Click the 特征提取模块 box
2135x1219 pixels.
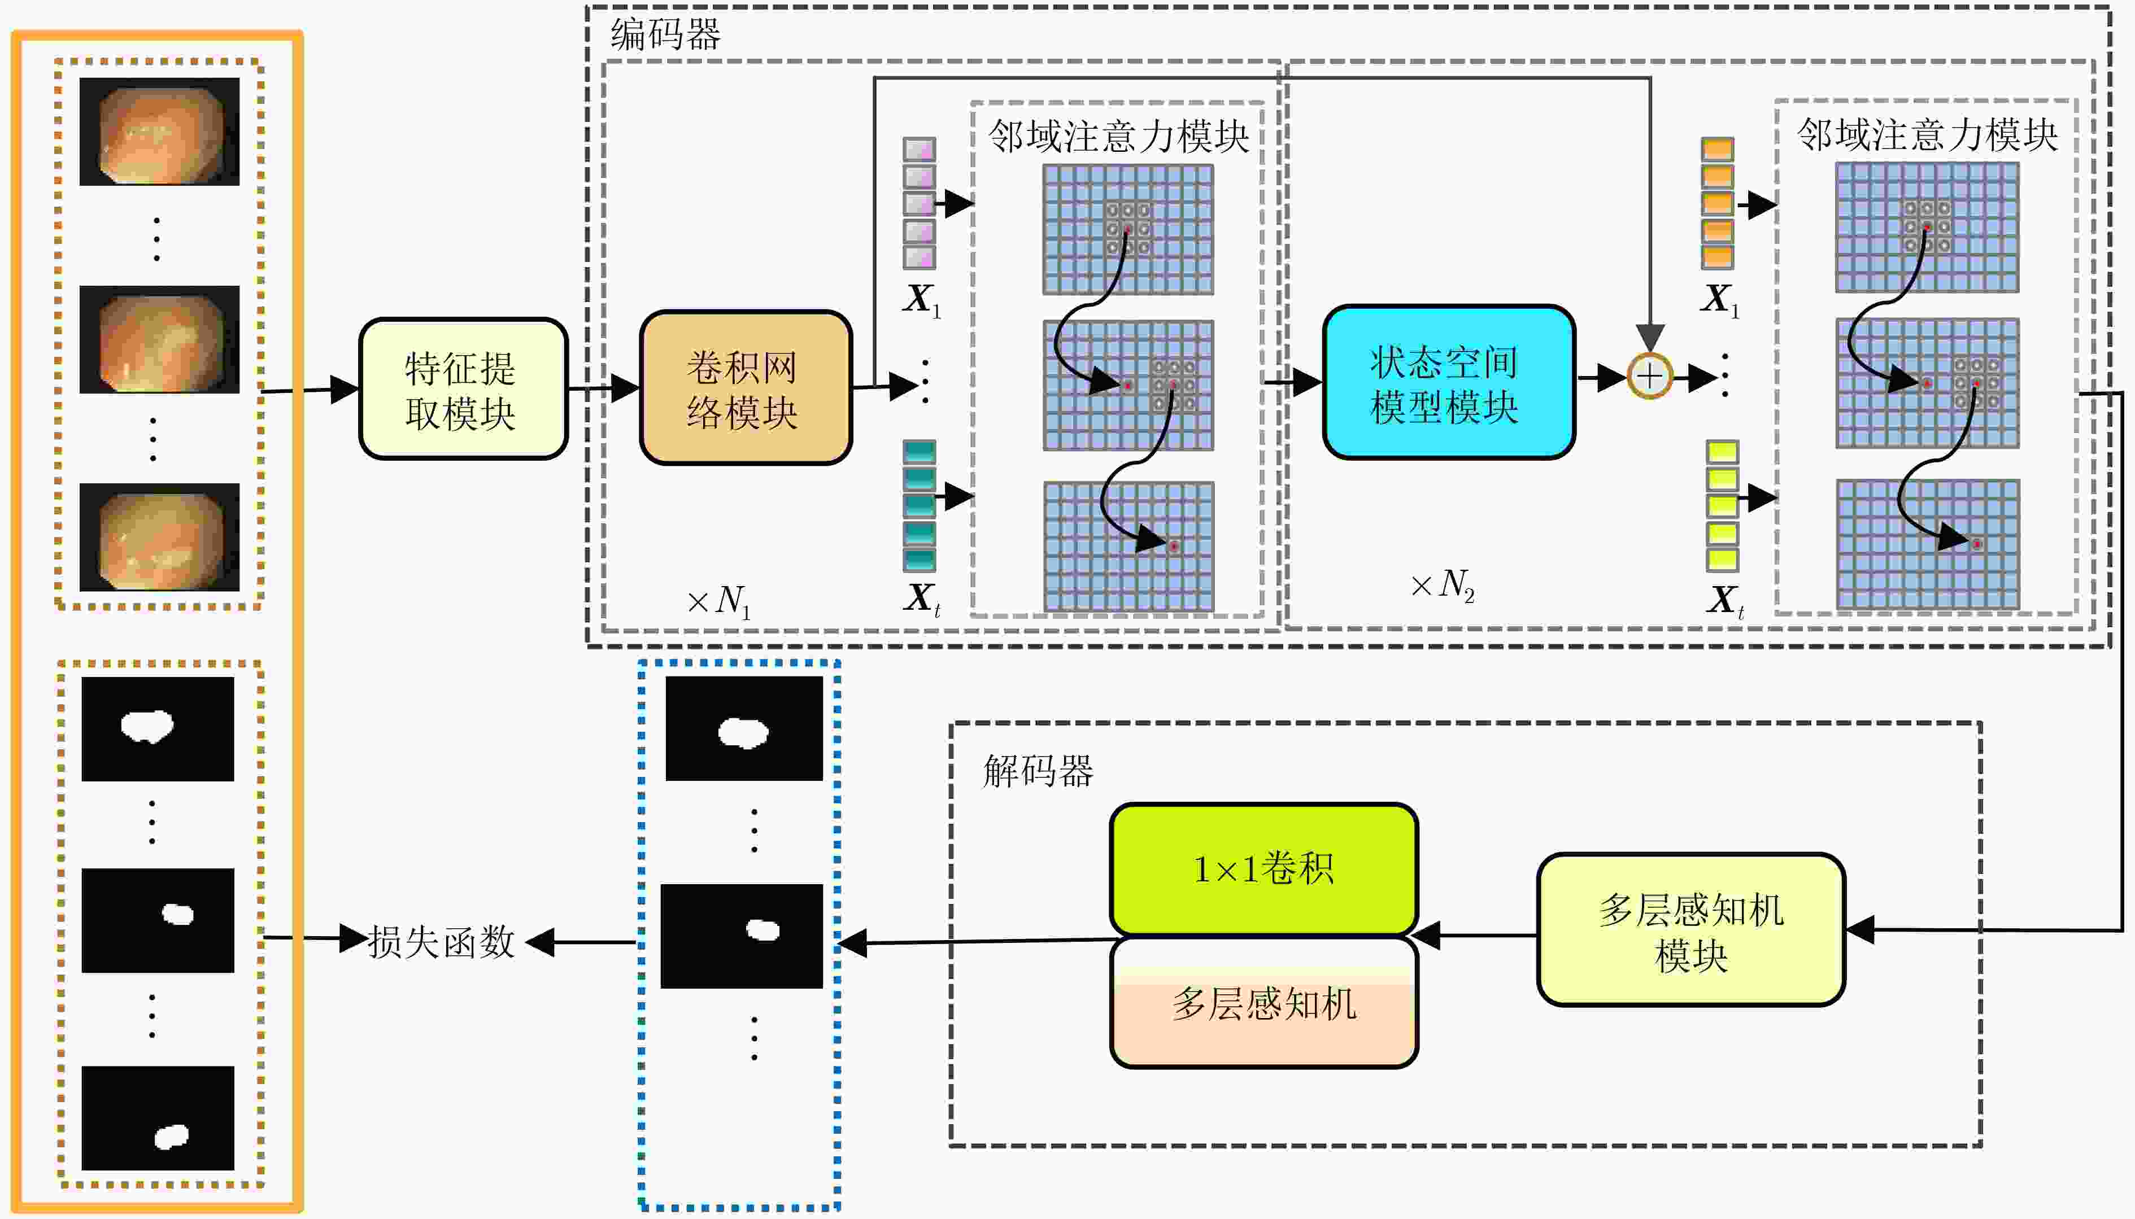click(463, 388)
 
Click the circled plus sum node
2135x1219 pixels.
click(1649, 377)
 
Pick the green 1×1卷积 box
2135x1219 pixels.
click(1263, 869)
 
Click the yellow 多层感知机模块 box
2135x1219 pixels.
click(1691, 929)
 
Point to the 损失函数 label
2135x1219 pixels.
click(441, 942)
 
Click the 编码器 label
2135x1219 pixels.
click(665, 35)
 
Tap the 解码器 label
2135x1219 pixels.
click(1038, 770)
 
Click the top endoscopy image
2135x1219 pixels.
click(159, 132)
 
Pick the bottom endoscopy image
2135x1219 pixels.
click(159, 536)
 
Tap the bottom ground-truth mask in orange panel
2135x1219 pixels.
click(158, 1118)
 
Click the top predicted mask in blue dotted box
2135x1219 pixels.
click(743, 728)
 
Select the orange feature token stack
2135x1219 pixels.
click(1717, 203)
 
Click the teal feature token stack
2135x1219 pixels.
click(920, 506)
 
